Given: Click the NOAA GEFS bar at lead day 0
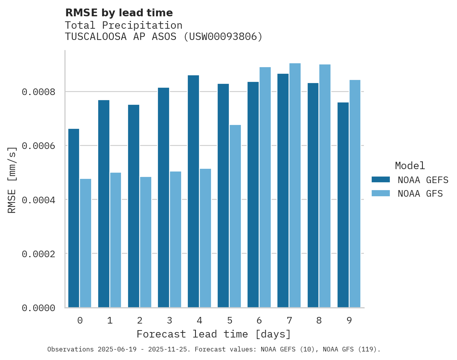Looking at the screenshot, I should tap(74, 218).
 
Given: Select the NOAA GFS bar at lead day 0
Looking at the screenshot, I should tap(86, 243).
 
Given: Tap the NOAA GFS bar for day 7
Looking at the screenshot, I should tap(295, 185).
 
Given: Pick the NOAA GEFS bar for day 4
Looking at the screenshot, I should tap(193, 191).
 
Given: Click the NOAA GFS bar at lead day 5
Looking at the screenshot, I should tap(235, 216).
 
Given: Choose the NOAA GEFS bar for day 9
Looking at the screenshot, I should tap(343, 205).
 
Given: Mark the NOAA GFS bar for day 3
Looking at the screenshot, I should tap(175, 239).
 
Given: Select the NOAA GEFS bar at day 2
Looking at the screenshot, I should tap(133, 206).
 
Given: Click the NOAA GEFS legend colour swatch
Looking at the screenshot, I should tap(381, 180).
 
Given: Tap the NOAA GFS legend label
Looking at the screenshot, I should tap(420, 194).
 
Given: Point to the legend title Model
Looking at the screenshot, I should tap(410, 166).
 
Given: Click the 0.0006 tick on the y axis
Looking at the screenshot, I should tap(38, 146).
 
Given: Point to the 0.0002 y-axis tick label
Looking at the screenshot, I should tap(38, 254).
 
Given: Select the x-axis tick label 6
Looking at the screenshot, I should tap(259, 320).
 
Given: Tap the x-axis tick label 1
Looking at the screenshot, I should tap(110, 320).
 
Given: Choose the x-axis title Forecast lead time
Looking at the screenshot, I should tap(213, 334).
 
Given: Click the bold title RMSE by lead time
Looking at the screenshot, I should tap(119, 13).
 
